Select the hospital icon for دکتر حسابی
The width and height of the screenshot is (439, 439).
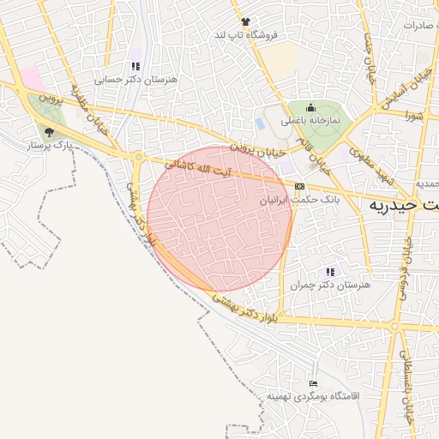(x=135, y=66)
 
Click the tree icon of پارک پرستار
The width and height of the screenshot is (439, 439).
(x=48, y=132)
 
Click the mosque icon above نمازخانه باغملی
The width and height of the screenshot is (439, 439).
(x=310, y=108)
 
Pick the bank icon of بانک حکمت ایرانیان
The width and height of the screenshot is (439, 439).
(x=299, y=186)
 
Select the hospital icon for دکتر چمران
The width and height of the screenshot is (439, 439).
(x=329, y=272)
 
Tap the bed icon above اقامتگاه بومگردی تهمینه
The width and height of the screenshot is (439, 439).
(x=312, y=383)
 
